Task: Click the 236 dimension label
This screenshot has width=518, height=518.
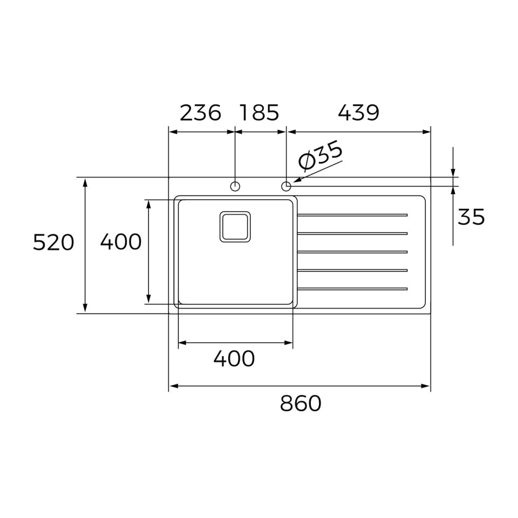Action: click(x=200, y=113)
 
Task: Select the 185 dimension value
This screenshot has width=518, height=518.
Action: click(x=260, y=113)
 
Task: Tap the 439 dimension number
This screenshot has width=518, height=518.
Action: click(x=358, y=113)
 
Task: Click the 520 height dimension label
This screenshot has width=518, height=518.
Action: click(x=53, y=242)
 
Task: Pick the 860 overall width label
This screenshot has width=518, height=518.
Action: click(x=301, y=403)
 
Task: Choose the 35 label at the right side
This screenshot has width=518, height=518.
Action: click(x=471, y=217)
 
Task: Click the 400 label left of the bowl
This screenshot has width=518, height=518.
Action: click(x=121, y=242)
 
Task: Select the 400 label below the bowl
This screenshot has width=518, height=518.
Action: click(x=234, y=358)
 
